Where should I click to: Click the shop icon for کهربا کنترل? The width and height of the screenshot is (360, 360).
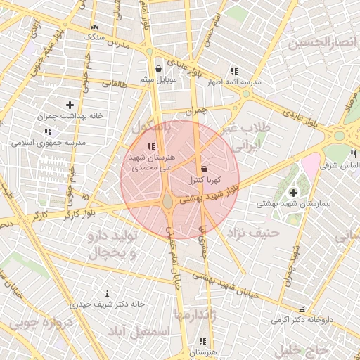tap(204, 169)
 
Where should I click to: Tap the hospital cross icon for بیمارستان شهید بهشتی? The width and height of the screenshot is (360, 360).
tap(292, 192)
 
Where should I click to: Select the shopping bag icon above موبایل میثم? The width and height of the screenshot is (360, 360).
tap(158, 69)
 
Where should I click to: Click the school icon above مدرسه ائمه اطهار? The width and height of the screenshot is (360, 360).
tap(233, 71)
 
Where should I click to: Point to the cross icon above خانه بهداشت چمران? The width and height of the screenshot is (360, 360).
tap(69, 104)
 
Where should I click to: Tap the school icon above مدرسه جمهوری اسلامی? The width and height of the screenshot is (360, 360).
tap(48, 131)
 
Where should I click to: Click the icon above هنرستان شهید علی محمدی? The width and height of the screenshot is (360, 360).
tap(150, 146)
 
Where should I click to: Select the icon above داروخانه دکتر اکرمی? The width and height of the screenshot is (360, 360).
tap(302, 309)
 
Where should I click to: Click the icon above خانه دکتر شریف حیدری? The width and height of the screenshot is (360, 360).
tap(107, 293)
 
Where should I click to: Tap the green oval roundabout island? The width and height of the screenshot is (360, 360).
tap(168, 202)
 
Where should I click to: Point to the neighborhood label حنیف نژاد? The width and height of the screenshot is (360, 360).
tap(254, 231)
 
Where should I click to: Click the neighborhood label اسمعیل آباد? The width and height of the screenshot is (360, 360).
tap(141, 330)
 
